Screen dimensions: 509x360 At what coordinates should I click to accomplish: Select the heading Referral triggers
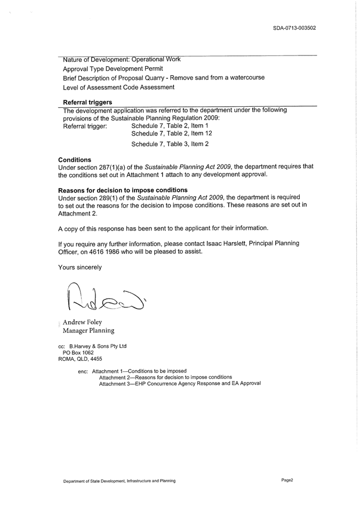[x=87, y=101]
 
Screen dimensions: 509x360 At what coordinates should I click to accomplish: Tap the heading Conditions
[x=74, y=159]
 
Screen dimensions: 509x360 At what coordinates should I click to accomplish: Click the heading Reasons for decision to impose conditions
[x=122, y=190]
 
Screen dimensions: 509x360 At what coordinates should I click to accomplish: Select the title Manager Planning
[x=89, y=331]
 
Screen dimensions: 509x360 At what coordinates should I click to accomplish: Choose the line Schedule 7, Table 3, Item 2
[x=170, y=144]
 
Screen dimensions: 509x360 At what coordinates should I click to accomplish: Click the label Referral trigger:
[x=85, y=126]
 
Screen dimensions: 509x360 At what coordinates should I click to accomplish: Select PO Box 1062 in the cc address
[x=78, y=353]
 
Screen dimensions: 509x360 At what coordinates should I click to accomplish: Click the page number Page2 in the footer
[x=287, y=480]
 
